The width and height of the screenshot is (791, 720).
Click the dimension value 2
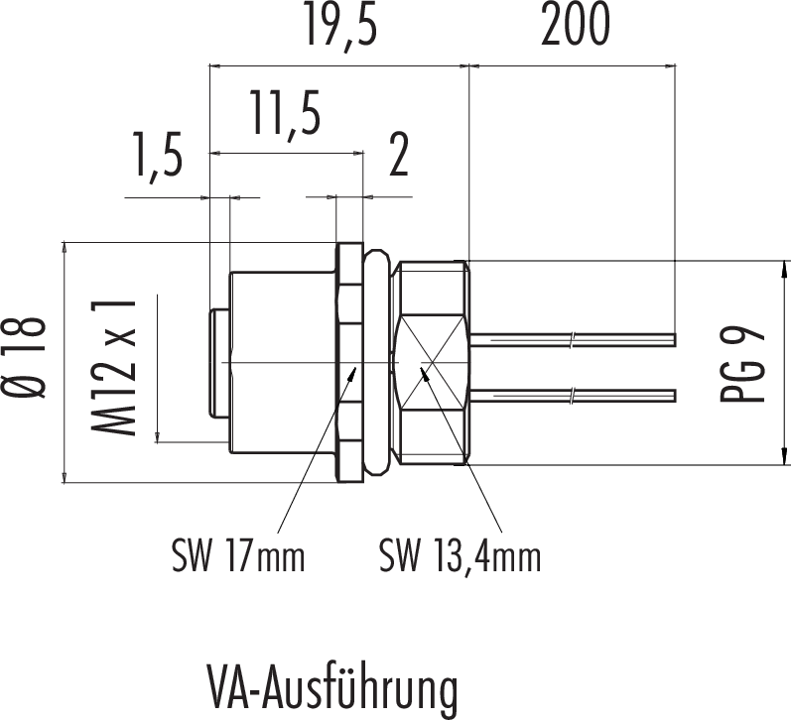click(x=399, y=157)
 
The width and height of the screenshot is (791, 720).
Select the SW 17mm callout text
click(x=236, y=556)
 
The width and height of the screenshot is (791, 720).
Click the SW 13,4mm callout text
click(x=460, y=556)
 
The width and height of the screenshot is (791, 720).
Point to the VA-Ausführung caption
click(x=333, y=687)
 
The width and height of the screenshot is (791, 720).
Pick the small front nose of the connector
click(x=218, y=363)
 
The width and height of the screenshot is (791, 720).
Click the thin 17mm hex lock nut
click(x=346, y=363)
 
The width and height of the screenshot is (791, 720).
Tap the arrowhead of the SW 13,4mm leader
click(x=424, y=374)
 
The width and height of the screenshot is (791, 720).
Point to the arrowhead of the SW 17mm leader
click(x=355, y=374)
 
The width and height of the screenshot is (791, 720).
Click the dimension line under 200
click(x=572, y=67)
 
